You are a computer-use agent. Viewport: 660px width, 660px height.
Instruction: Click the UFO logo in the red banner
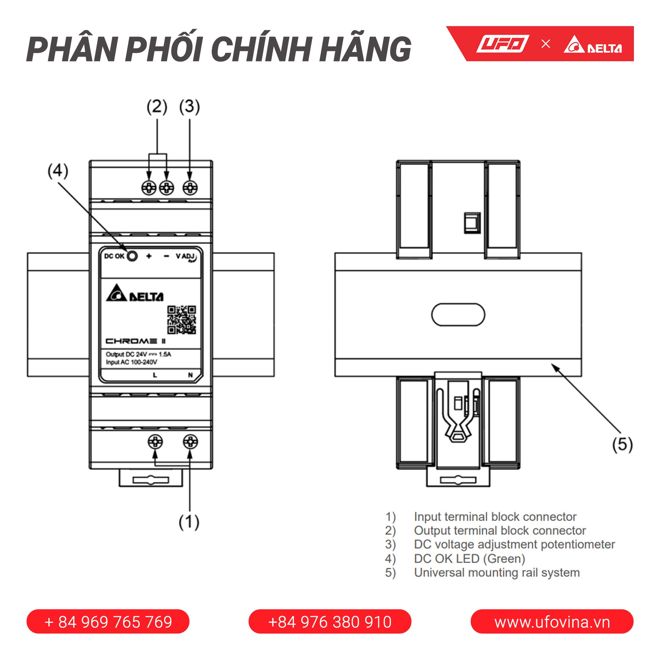click(503, 44)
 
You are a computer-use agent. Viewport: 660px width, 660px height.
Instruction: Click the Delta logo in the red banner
click(593, 44)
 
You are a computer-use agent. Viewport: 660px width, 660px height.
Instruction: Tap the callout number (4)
click(58, 170)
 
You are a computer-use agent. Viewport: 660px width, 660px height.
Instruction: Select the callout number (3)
click(189, 107)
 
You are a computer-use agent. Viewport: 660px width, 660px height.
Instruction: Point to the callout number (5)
click(622, 444)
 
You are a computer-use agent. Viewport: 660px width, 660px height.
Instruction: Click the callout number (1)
click(189, 522)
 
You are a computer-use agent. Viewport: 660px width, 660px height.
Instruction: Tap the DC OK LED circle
click(132, 256)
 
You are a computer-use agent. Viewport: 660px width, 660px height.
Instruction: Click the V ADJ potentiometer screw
click(190, 188)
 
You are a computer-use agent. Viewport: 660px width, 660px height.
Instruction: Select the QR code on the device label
click(181, 320)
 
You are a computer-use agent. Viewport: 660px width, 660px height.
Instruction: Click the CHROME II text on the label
click(136, 341)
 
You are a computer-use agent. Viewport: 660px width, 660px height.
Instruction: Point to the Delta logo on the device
click(135, 293)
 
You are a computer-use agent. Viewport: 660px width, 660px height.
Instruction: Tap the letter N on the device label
click(190, 375)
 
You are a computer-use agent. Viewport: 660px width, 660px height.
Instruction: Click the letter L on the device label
click(155, 375)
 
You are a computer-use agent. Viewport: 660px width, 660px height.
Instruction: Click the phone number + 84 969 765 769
click(108, 622)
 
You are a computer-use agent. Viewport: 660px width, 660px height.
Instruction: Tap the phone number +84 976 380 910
click(330, 622)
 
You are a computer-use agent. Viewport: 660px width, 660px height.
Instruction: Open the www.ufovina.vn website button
click(552, 622)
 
